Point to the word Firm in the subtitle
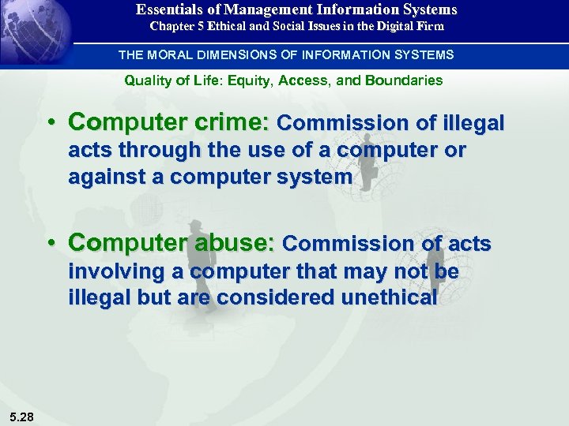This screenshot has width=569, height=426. [429, 26]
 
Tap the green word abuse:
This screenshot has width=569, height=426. [236, 244]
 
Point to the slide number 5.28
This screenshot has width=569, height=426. [22, 416]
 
